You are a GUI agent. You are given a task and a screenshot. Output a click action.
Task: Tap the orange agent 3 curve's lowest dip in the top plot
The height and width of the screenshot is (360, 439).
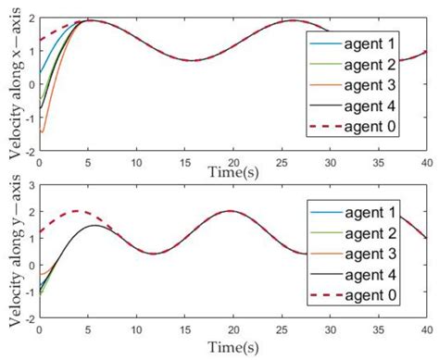click(x=42, y=131)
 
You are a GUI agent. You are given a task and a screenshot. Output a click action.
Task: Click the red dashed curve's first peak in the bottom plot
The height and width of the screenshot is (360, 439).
click(x=78, y=211)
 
